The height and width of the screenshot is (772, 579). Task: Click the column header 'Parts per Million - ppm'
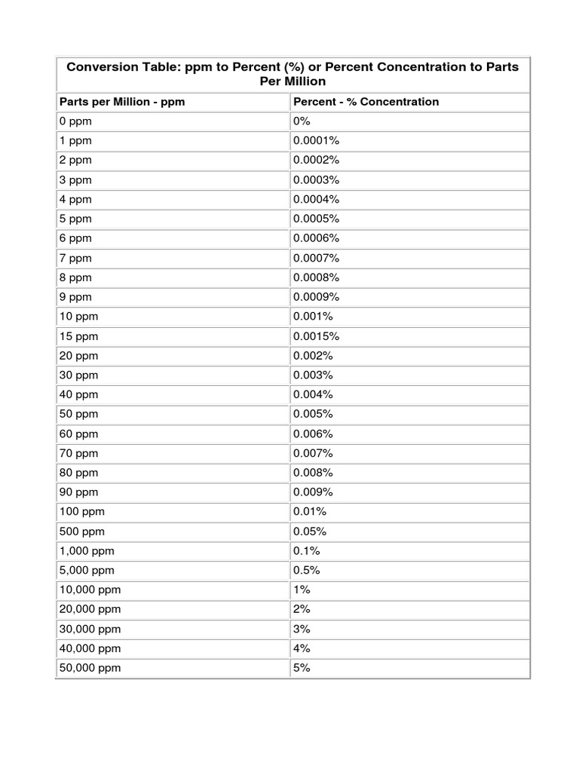point(122,101)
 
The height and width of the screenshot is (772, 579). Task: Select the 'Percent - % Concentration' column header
point(366,101)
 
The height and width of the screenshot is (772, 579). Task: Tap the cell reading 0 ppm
point(75,121)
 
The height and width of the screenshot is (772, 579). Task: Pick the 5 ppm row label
point(75,219)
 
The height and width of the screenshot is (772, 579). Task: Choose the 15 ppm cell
point(78,336)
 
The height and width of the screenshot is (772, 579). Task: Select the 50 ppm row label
point(78,414)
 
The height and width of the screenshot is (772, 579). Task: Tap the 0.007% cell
point(314,453)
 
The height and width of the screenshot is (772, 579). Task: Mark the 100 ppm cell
point(81,512)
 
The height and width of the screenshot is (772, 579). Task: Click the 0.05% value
point(310,532)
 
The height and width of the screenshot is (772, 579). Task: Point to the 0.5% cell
point(307,571)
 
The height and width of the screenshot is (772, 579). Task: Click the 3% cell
point(302,629)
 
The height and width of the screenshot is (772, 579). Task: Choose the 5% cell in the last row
point(302,668)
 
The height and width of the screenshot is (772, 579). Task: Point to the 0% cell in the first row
point(302,121)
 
